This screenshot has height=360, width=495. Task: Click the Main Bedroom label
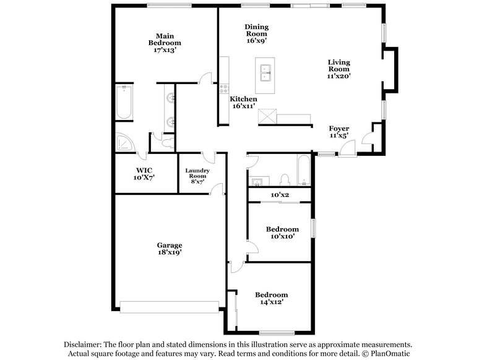[x=164, y=43]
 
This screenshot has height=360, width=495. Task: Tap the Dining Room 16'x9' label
[x=256, y=33]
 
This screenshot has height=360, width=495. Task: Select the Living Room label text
[x=339, y=69]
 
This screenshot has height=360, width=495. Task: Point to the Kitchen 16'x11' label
[x=244, y=103]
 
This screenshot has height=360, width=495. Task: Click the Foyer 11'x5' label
[x=338, y=132]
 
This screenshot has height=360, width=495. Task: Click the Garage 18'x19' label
[x=169, y=249]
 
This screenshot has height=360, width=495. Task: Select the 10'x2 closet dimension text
[x=280, y=195]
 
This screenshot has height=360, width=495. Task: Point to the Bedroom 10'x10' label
[x=282, y=233]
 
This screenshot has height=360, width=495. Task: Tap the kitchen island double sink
[x=267, y=73]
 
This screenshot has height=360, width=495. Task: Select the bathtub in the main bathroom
[x=123, y=102]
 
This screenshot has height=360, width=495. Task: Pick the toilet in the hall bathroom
[x=285, y=179]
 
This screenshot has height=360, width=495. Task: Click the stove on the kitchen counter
[x=224, y=88]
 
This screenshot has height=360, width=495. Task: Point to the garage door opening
[x=169, y=306]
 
